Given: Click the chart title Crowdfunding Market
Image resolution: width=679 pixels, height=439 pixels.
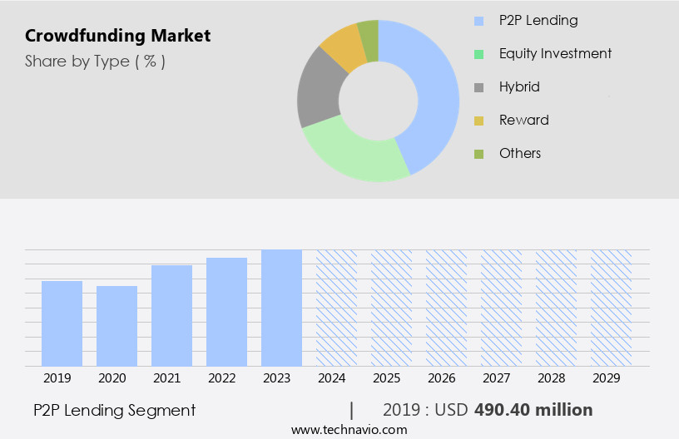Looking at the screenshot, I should point(117,36).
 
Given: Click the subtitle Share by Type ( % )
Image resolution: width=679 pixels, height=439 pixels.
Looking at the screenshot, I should point(95,61).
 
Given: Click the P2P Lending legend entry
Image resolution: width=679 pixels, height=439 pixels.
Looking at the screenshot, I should point(538,20).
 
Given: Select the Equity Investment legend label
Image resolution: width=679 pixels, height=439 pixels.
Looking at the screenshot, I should point(555,53).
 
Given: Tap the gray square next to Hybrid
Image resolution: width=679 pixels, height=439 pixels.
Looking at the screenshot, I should point(478,87).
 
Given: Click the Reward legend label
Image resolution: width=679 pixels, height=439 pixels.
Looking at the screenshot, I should point(523,120).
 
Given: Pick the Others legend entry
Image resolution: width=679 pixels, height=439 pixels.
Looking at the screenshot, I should point(519,153).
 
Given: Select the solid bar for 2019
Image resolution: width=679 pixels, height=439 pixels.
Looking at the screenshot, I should point(62,323).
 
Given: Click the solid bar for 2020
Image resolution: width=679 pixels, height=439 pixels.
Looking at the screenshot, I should point(116,326).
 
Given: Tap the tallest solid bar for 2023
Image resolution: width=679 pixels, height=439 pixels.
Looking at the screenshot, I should point(281,308).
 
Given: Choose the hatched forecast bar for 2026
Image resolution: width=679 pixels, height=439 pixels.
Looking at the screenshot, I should point(446,308).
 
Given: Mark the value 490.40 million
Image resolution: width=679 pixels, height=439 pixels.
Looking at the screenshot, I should point(533,410).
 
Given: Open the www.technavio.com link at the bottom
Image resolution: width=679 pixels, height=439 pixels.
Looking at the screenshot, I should point(349,430).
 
